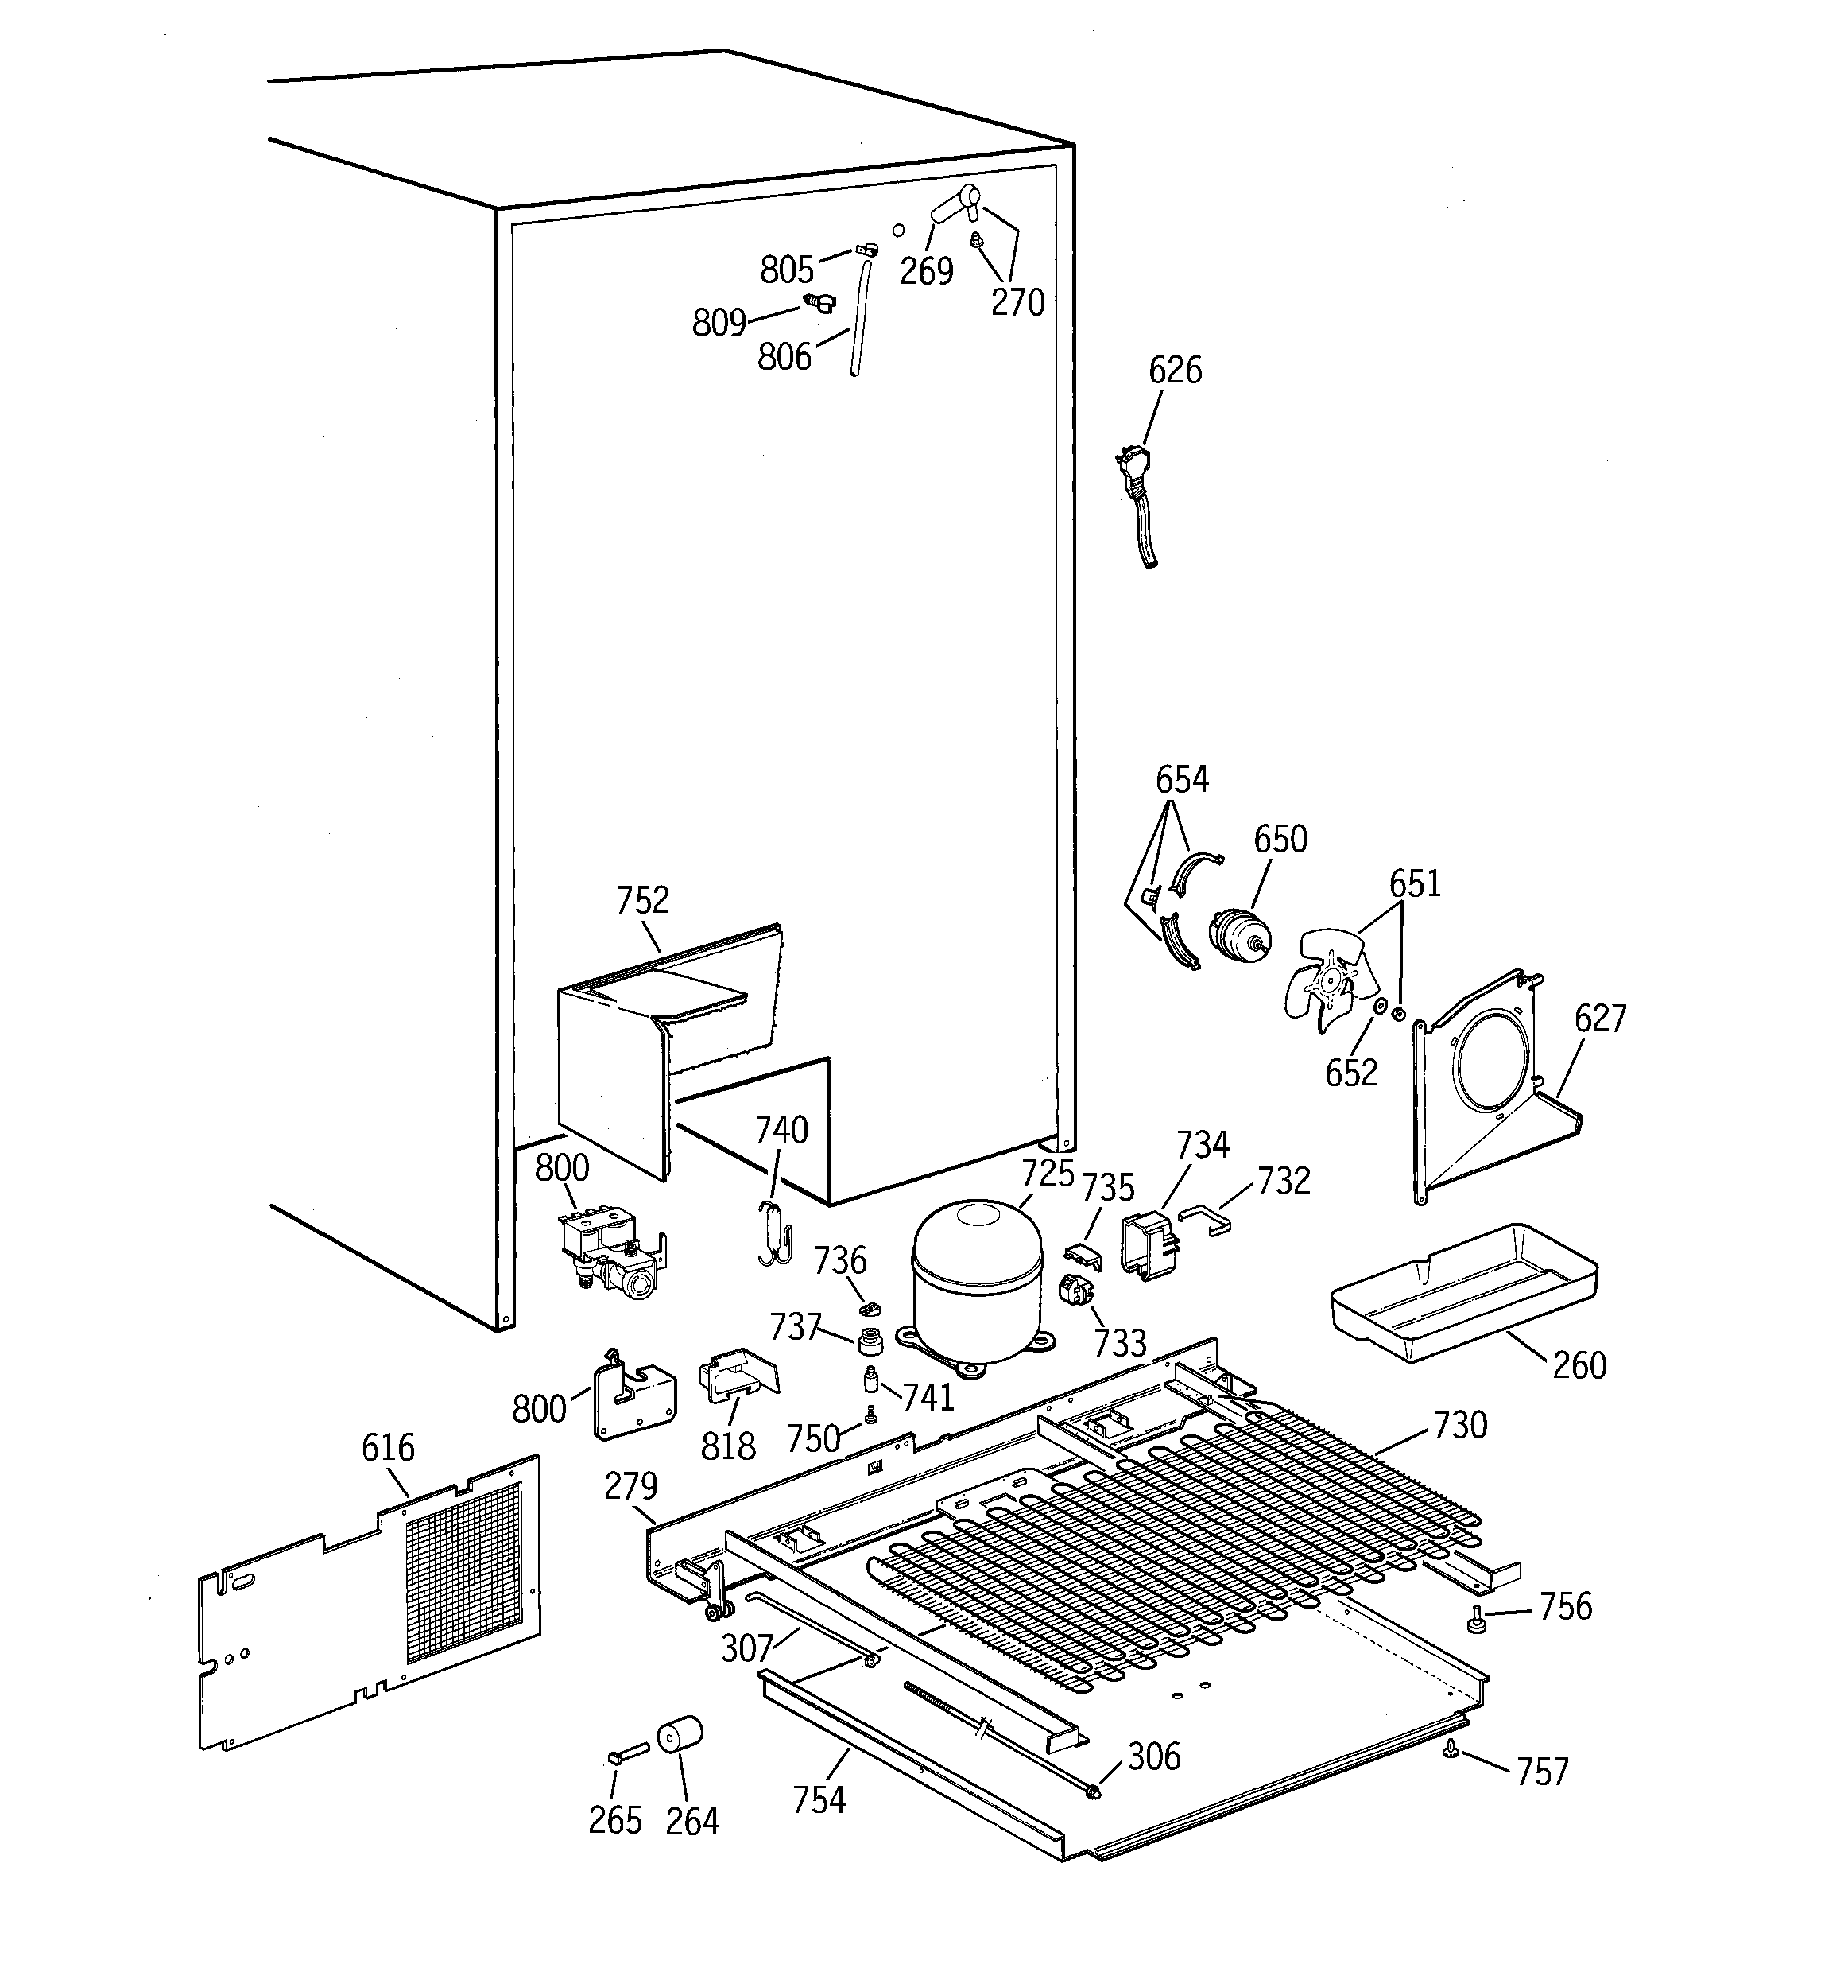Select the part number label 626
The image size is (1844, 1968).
click(x=1175, y=371)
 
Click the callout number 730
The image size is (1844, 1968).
click(x=1460, y=1425)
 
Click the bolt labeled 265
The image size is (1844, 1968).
click(x=626, y=1755)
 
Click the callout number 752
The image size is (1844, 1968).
click(x=642, y=900)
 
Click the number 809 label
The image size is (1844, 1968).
click(x=719, y=323)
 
